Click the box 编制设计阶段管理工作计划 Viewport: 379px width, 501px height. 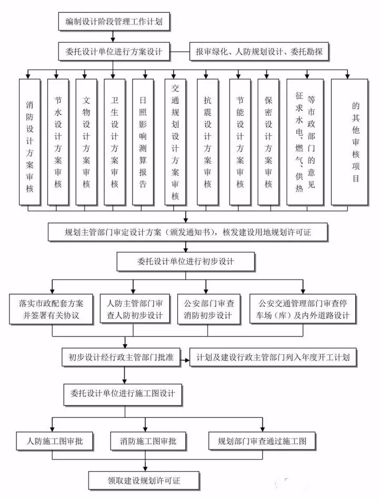pyautogui.click(x=113, y=22)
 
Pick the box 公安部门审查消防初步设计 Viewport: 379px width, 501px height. pyautogui.click(x=208, y=309)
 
